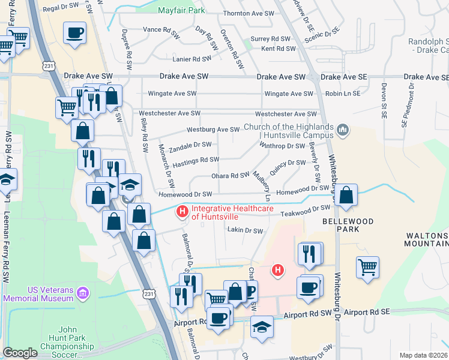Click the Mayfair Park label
[x=181, y=11]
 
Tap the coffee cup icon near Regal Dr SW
[x=74, y=34]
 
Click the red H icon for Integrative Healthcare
[x=182, y=211]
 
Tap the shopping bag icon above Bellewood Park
[x=346, y=196]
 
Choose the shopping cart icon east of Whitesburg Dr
[x=367, y=268]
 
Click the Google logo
[x=20, y=353]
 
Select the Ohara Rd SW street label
[x=229, y=175]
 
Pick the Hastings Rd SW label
[x=196, y=160]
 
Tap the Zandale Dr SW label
[x=190, y=145]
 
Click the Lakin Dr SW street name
[x=245, y=230]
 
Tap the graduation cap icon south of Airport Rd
[x=262, y=328]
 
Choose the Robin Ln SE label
[x=343, y=94]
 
